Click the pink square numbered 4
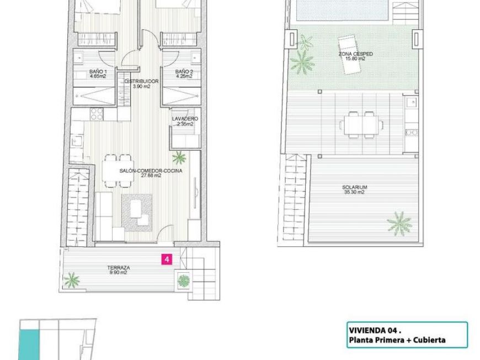[x=167, y=259]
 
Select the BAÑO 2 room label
[x=184, y=72]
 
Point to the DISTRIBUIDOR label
[x=142, y=81]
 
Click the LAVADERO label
[x=185, y=119]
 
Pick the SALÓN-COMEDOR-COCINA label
[x=151, y=171]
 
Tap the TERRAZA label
[x=119, y=267]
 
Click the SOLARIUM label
[x=355, y=187]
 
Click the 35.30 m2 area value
[x=355, y=192]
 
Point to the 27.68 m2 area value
[x=151, y=176]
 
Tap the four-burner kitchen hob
[x=97, y=114]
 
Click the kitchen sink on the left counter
[x=76, y=141]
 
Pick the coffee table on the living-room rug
[x=136, y=209]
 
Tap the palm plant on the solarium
[x=399, y=224]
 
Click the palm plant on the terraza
[x=72, y=280]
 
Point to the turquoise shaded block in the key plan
[x=29, y=345]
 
